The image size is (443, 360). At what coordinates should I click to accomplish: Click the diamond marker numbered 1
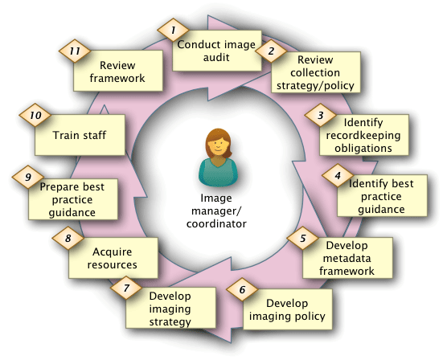tap(173, 30)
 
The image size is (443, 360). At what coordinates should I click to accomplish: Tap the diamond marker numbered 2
tap(271, 51)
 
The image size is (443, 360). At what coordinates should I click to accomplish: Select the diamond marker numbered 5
tap(303, 238)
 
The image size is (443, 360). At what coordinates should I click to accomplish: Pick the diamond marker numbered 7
tap(126, 288)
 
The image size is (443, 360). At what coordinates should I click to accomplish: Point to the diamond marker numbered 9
tap(28, 177)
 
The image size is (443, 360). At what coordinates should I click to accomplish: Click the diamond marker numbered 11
tap(75, 51)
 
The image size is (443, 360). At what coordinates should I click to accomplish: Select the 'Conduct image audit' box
tap(217, 51)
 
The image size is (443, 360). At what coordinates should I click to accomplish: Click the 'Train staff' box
tap(80, 135)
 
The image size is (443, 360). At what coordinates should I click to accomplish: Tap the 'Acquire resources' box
tap(113, 258)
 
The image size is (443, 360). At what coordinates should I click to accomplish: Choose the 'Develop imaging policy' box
tap(287, 309)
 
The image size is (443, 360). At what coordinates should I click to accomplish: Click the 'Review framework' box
tap(118, 71)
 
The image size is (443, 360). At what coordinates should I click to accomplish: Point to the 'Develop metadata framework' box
tap(347, 258)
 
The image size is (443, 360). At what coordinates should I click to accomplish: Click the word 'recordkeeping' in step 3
tap(363, 135)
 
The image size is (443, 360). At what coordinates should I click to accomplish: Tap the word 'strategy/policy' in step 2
tap(315, 85)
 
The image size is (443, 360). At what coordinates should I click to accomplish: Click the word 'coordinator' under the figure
tap(216, 224)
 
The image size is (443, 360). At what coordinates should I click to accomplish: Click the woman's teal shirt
tap(218, 173)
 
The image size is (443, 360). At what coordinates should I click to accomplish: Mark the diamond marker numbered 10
tap(35, 115)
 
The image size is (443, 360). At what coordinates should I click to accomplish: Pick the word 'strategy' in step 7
tap(170, 322)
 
